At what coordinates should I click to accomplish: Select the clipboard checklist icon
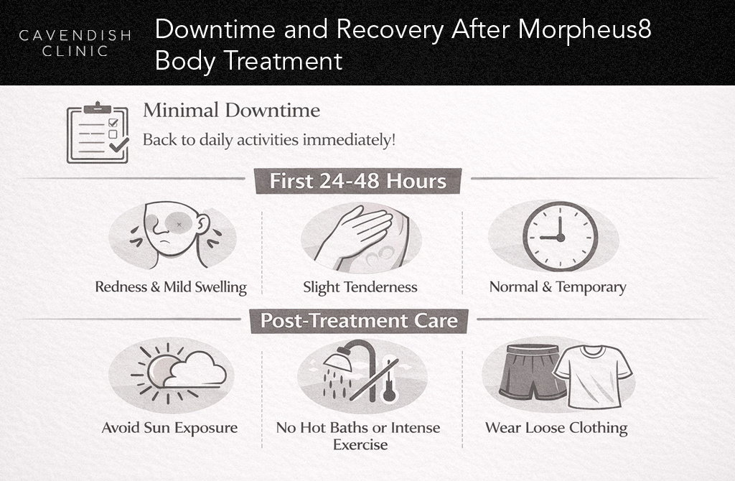[x=97, y=133]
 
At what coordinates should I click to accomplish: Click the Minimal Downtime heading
[x=231, y=111]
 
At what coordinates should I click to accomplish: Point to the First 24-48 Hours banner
[x=357, y=181]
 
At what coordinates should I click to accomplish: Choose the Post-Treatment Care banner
[x=358, y=319]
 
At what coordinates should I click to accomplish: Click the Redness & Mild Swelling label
[x=171, y=287]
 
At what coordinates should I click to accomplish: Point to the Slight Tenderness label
[x=360, y=287]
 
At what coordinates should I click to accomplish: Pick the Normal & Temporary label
[x=558, y=287]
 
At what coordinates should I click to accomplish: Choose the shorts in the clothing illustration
[x=529, y=371]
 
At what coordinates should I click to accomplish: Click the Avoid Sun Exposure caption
[x=169, y=428]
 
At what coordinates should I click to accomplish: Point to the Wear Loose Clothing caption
[x=556, y=428]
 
